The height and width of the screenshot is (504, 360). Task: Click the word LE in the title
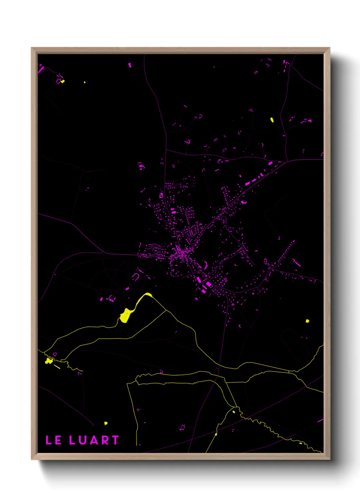[53, 440]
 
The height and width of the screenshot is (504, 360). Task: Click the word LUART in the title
[94, 440]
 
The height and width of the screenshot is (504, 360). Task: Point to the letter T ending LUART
[115, 440]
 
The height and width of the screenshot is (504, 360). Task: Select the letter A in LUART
[93, 440]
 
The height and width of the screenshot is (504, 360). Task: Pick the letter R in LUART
[105, 440]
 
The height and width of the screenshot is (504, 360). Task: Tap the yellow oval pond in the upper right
[272, 120]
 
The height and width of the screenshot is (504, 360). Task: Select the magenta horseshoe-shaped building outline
[135, 277]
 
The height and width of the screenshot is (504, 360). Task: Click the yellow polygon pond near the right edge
[307, 321]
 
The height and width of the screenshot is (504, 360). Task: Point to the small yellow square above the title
[106, 423]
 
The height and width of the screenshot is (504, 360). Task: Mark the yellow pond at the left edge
[49, 361]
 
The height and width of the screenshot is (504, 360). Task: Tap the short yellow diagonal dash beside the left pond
[57, 366]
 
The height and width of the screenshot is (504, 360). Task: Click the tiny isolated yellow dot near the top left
[85, 82]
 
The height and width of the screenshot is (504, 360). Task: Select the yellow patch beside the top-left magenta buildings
[63, 81]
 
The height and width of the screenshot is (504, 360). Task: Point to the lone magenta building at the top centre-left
[130, 65]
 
